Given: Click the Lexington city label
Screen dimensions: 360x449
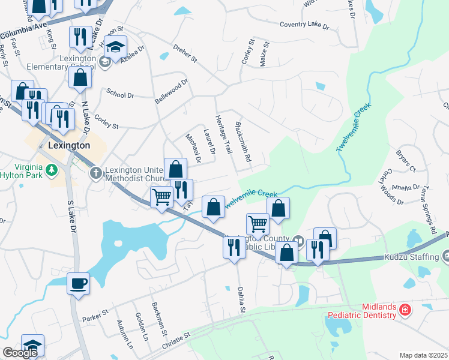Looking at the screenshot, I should coord(68,145).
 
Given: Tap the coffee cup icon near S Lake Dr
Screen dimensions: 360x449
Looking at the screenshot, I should coord(77,283).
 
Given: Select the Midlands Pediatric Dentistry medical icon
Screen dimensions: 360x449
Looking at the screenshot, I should coord(406,310).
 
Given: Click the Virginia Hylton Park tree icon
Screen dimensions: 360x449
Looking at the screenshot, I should coord(53,170).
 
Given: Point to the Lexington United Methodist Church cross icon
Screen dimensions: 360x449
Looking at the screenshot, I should coord(96,173).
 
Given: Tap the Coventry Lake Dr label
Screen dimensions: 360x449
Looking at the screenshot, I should coord(305,25).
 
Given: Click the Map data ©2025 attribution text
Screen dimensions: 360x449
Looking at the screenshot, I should coord(424,355).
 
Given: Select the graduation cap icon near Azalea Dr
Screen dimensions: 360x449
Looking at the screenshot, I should coord(115,46).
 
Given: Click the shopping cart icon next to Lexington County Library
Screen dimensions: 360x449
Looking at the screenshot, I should coord(258,224).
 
